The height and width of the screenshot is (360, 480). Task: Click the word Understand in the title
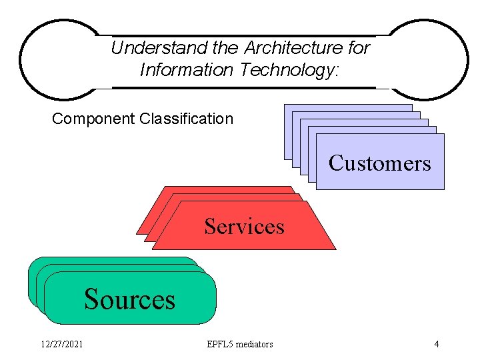(x=150, y=48)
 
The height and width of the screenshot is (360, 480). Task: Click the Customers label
(x=379, y=163)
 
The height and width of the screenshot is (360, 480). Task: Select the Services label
(x=244, y=227)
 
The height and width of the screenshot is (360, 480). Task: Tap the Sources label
(x=129, y=299)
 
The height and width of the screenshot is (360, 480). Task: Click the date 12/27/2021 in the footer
(x=61, y=344)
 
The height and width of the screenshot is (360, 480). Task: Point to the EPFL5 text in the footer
(x=222, y=344)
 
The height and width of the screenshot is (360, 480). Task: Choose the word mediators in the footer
(x=256, y=344)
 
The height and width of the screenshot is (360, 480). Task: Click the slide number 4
(x=436, y=344)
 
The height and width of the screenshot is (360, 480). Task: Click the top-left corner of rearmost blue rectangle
(x=285, y=105)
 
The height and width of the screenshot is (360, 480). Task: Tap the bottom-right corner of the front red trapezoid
(x=335, y=249)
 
